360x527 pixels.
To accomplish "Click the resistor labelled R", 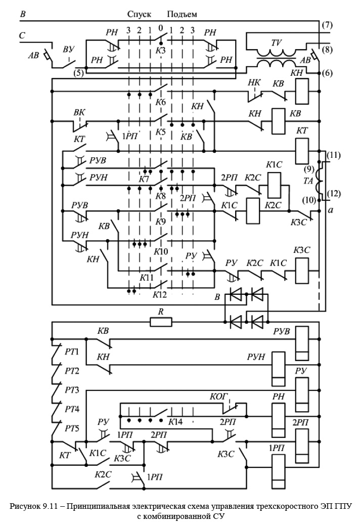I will point(161,321).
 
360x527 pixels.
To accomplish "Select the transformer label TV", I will point(276,44).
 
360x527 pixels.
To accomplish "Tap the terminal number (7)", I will point(326,25).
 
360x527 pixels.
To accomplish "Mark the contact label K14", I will point(176,421).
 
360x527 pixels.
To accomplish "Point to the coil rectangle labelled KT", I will point(302,150).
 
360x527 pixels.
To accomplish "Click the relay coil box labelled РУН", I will point(279,364).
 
